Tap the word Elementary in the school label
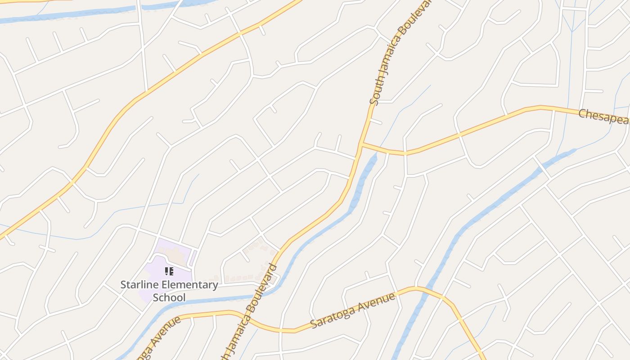click(189, 285)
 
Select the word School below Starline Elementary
click(169, 297)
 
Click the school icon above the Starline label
click(169, 271)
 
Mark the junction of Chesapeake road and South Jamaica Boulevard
click(361, 144)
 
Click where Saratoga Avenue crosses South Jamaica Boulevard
click(247, 318)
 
